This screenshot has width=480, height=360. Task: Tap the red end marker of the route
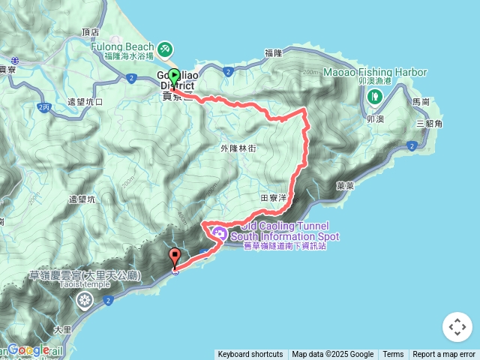pyautogui.click(x=175, y=256)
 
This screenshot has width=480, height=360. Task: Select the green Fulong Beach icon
pyautogui.click(x=164, y=49)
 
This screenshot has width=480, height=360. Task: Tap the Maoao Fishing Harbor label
pyautogui.click(x=375, y=73)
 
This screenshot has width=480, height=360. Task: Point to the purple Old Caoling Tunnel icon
pyautogui.click(x=220, y=232)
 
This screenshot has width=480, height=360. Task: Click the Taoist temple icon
pyautogui.click(x=84, y=301)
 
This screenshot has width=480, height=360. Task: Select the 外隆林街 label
pyautogui.click(x=238, y=148)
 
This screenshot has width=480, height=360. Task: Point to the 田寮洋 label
pyautogui.click(x=273, y=198)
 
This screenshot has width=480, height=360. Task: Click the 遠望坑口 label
pyautogui.click(x=85, y=101)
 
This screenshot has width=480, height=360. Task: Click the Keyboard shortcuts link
pyautogui.click(x=250, y=355)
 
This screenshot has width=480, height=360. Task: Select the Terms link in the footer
pyautogui.click(x=393, y=355)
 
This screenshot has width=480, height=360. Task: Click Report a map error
pyautogui.click(x=444, y=355)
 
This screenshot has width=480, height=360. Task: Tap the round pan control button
pyautogui.click(x=457, y=327)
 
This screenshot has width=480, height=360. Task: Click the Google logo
pyautogui.click(x=28, y=350)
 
